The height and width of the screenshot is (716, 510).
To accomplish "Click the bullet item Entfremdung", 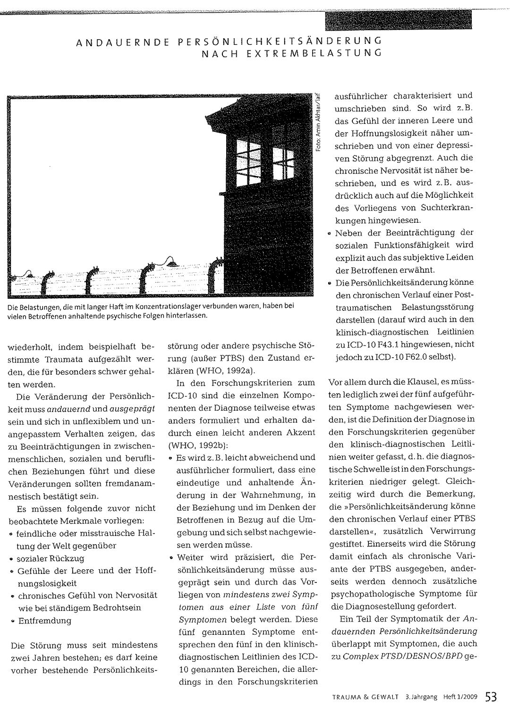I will (45, 620).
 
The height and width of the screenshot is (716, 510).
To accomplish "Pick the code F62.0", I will (427, 357).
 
